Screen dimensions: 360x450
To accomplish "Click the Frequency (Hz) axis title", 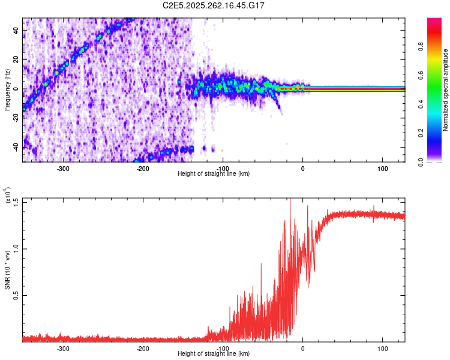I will pos(7,90).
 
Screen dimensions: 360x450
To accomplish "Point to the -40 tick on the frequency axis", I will pos(16,147).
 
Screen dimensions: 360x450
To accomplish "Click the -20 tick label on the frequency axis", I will pos(16,118).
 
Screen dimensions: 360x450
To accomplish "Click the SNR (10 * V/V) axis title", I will pos(8,269).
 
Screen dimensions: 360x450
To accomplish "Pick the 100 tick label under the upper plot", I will pos(382,169).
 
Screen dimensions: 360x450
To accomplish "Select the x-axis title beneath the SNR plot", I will pos(214,354).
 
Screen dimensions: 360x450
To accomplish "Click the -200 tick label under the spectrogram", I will pos(143,169).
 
